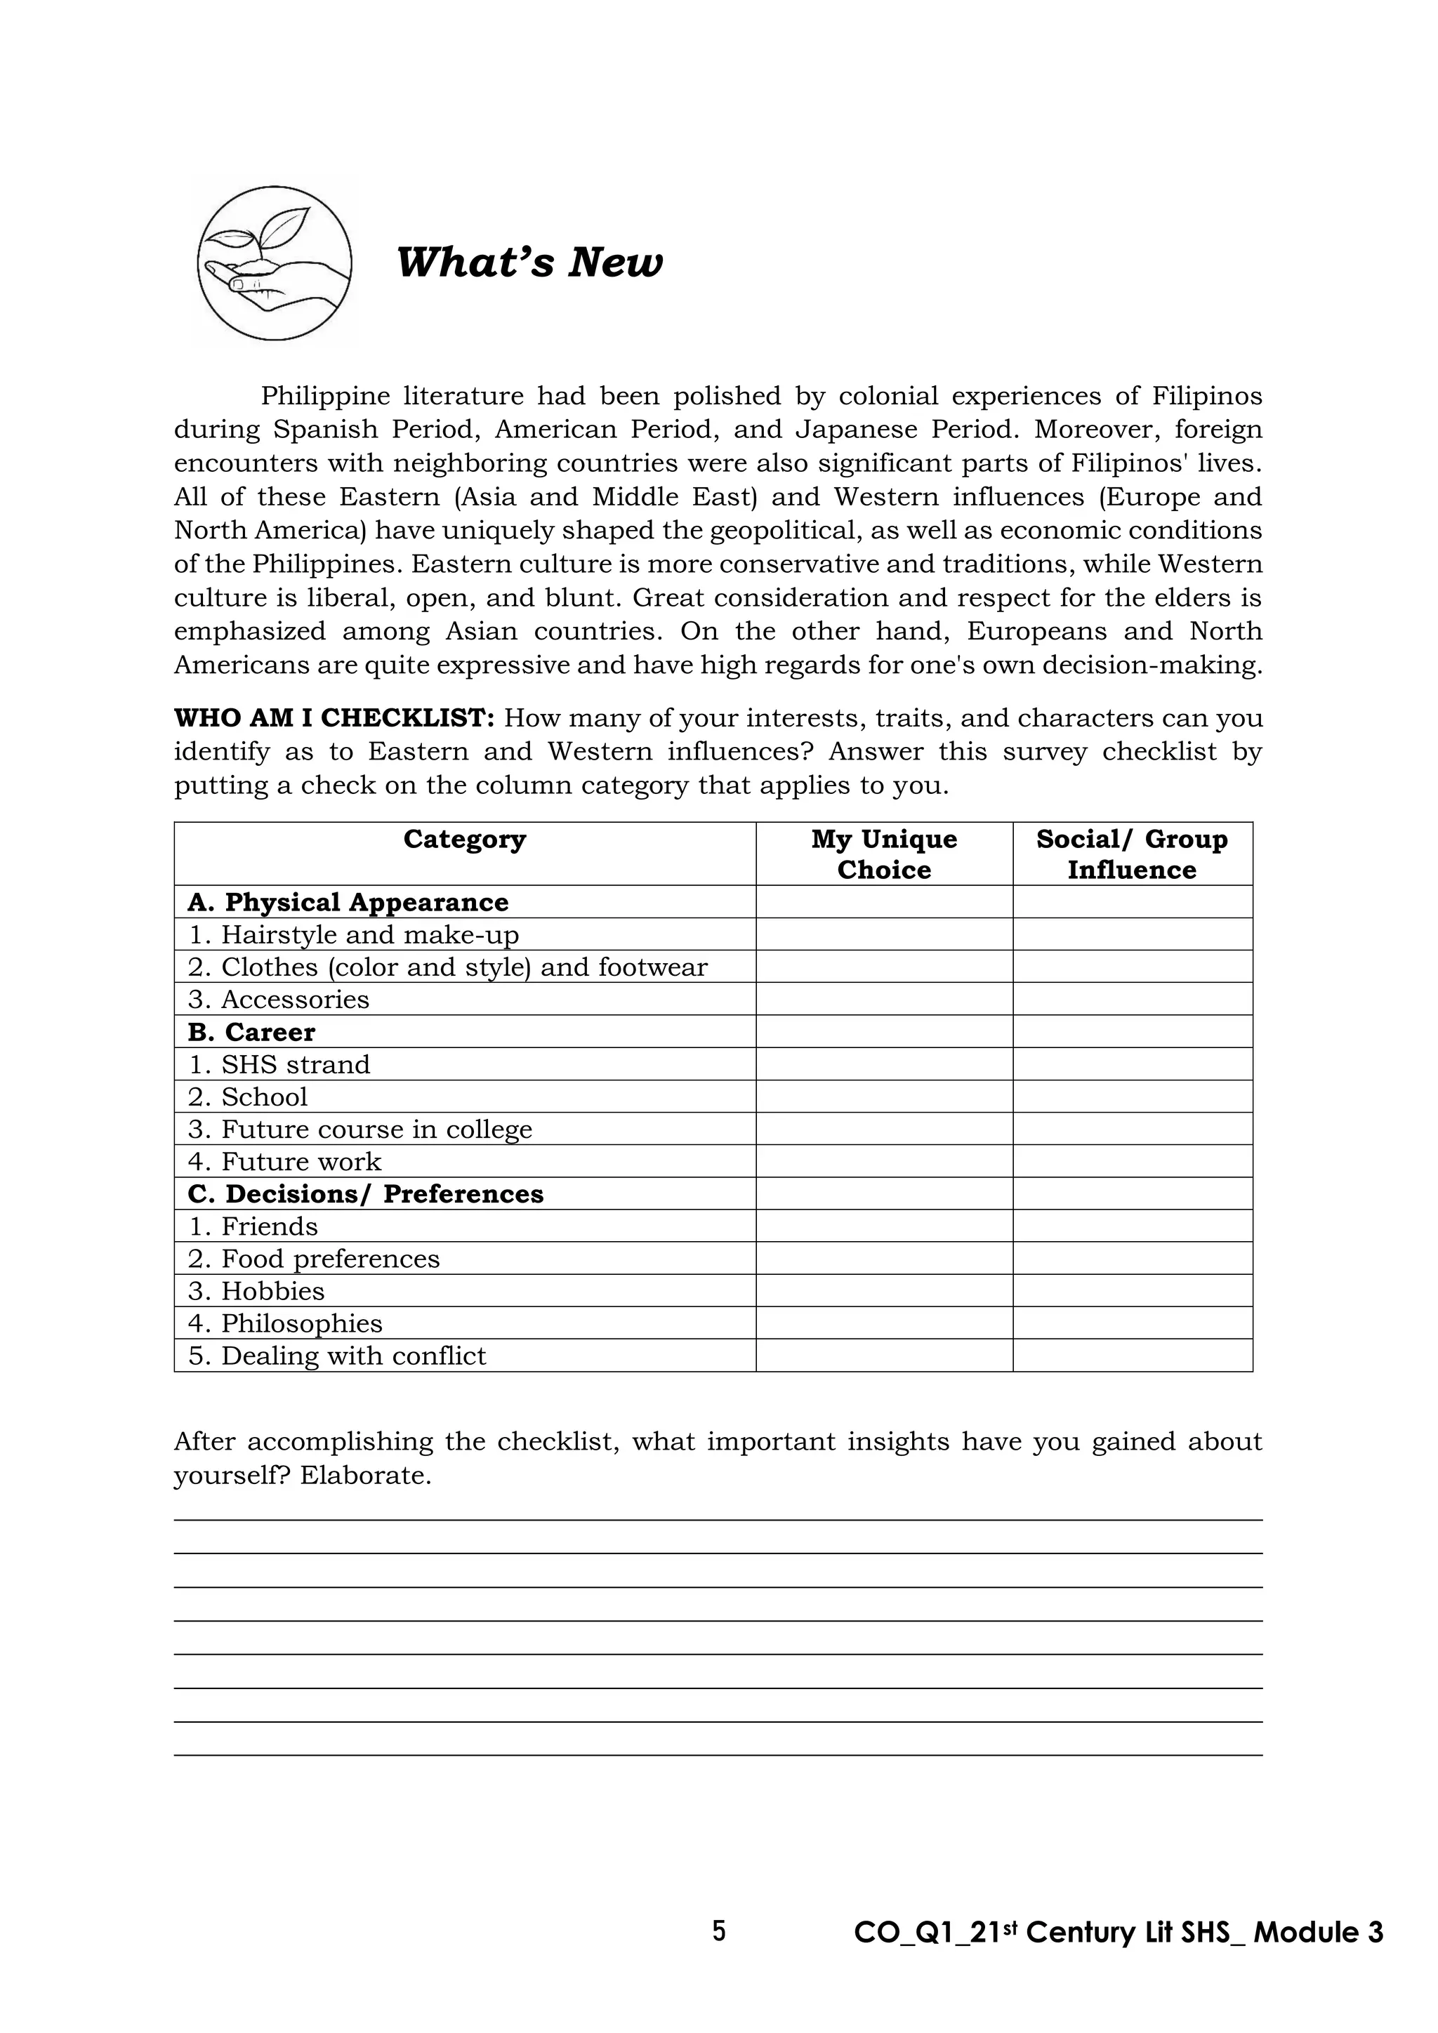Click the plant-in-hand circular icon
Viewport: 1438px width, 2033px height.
[275, 263]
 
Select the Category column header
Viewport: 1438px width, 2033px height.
[464, 840]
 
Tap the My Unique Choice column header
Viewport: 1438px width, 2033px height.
[884, 854]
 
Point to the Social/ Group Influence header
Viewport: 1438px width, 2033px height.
[1132, 854]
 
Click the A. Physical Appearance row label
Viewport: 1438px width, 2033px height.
[348, 902]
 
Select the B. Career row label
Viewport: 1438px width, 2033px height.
[251, 1033]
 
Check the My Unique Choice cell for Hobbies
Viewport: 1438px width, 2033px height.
[884, 1291]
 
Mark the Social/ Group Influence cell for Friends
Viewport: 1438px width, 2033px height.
[1132, 1226]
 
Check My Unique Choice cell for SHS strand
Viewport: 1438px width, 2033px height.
[884, 1064]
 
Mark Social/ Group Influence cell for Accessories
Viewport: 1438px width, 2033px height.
[1132, 1000]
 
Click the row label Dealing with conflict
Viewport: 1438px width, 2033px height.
[337, 1356]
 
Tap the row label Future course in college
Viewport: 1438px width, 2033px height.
[360, 1130]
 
